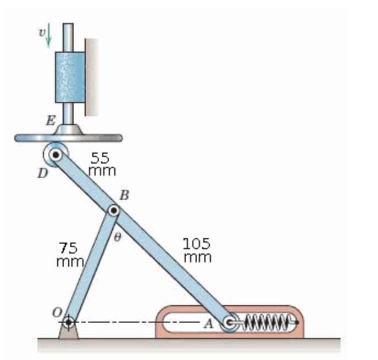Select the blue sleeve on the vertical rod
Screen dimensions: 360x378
69,77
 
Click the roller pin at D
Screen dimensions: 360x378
56,155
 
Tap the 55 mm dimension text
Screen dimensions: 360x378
102,164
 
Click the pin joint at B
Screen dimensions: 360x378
113,210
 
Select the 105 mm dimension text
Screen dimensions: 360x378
197,250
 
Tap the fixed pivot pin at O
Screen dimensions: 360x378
68,322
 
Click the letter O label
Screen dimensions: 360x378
55,312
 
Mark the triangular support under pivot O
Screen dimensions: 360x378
68,333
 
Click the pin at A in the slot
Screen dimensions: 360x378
229,323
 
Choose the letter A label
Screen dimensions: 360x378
208,324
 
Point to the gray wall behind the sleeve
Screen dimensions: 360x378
91,77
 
